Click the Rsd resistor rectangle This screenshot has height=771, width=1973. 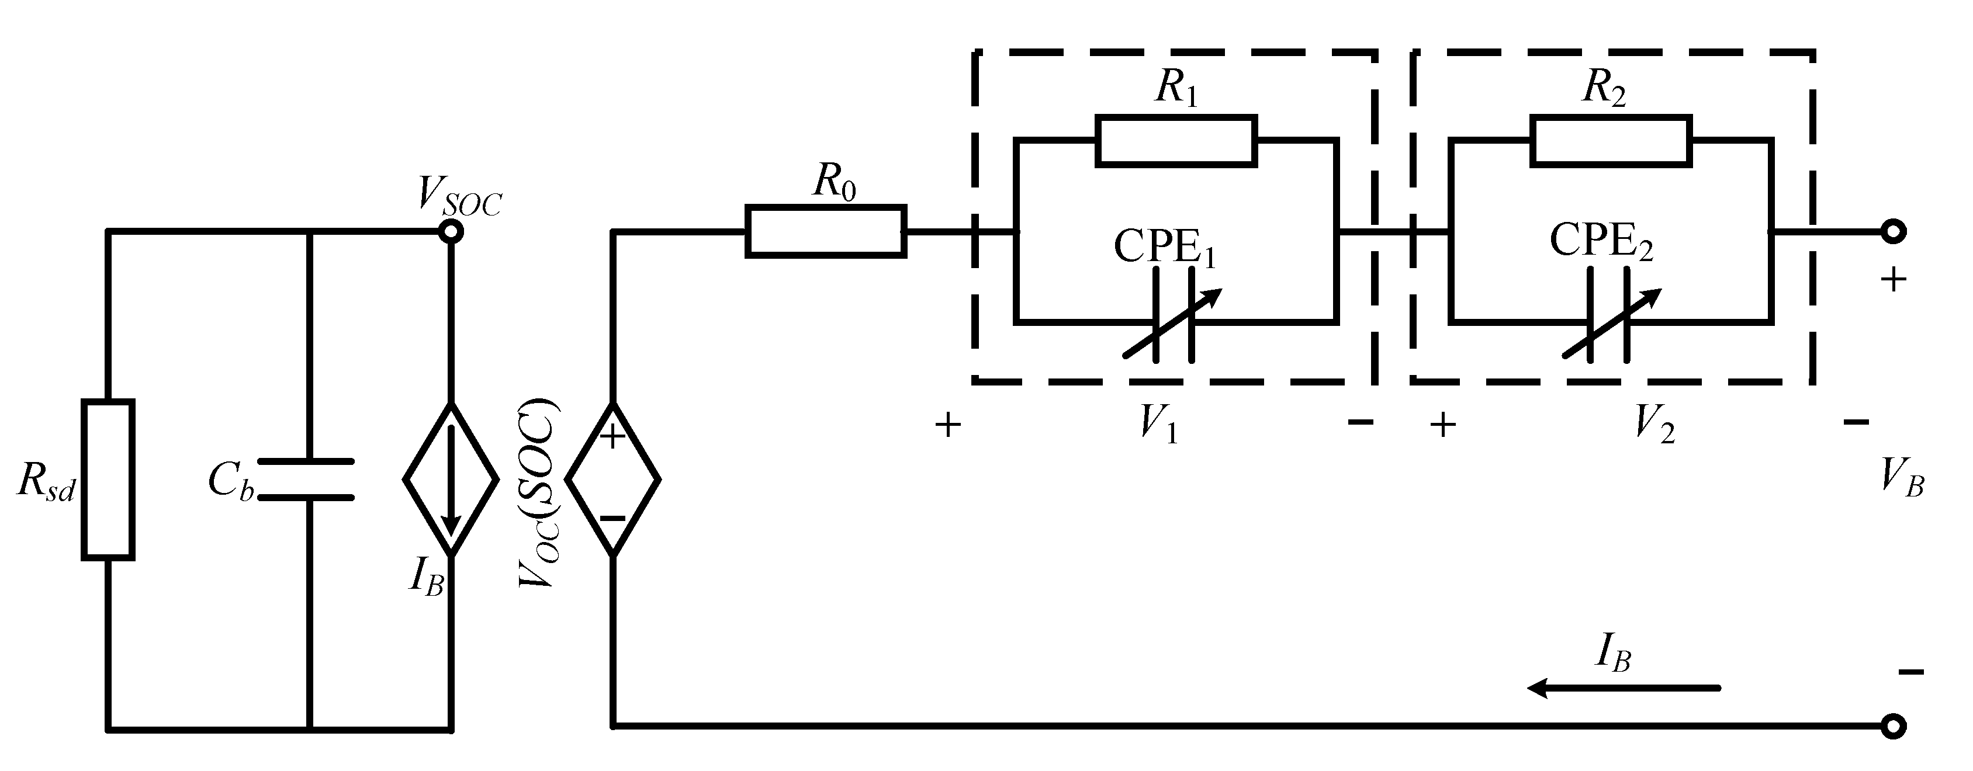point(108,480)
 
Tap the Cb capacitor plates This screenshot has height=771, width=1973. point(306,480)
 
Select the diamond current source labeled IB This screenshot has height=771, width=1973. point(451,480)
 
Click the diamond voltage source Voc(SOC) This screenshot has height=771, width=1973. point(612,480)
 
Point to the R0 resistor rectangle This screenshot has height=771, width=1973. point(826,231)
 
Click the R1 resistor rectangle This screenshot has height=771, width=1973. point(1176,140)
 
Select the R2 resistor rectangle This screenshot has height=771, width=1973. point(1611,140)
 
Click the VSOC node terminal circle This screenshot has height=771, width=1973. point(451,231)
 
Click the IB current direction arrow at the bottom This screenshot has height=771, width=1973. point(1624,688)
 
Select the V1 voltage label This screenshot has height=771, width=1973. point(1158,423)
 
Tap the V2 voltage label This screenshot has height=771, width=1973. point(1654,423)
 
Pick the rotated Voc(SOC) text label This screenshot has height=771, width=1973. point(539,494)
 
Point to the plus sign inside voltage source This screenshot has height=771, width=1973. point(612,436)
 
